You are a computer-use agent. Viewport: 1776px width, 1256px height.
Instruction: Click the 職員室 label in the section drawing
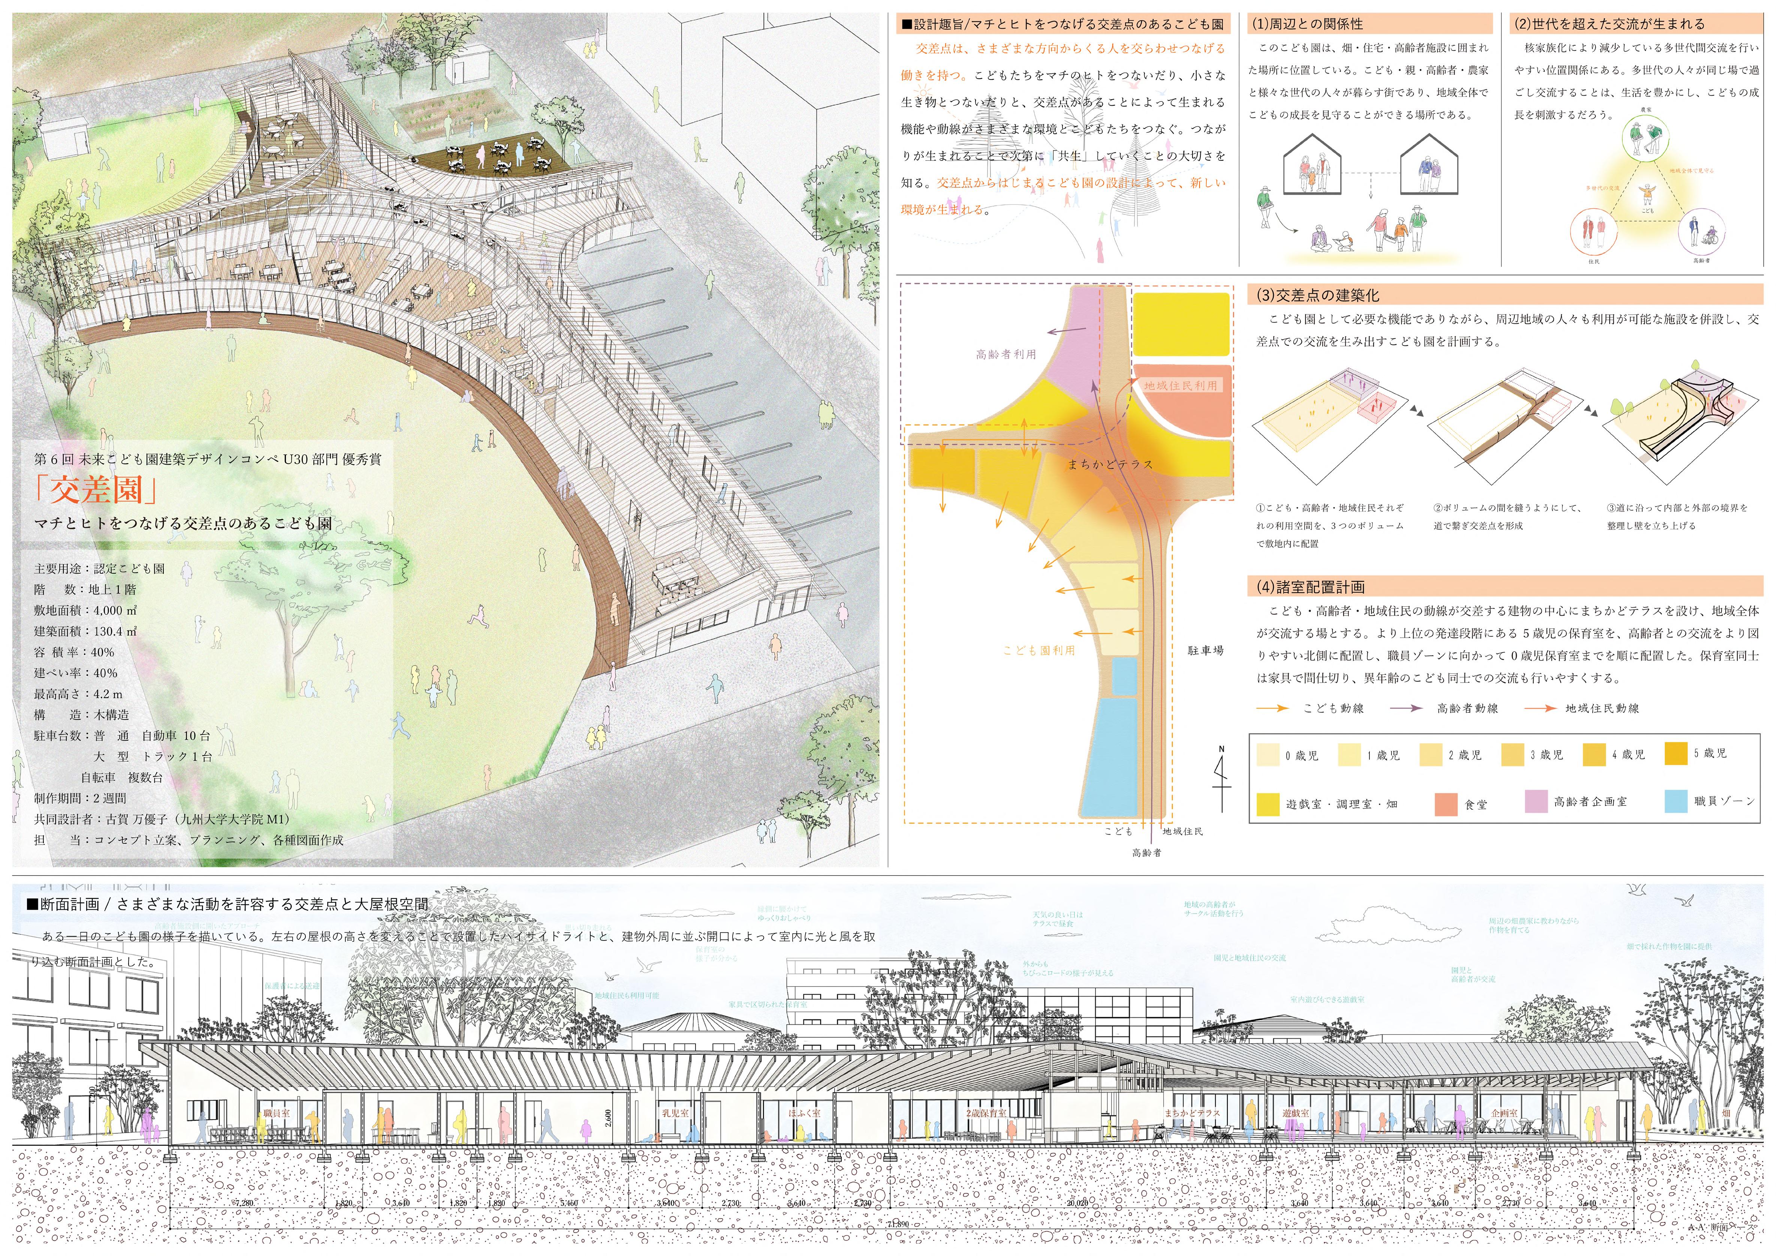[276, 1113]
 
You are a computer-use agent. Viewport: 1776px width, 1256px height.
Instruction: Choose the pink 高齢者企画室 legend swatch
[1535, 802]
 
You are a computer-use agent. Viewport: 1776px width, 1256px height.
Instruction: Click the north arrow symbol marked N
[1221, 777]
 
